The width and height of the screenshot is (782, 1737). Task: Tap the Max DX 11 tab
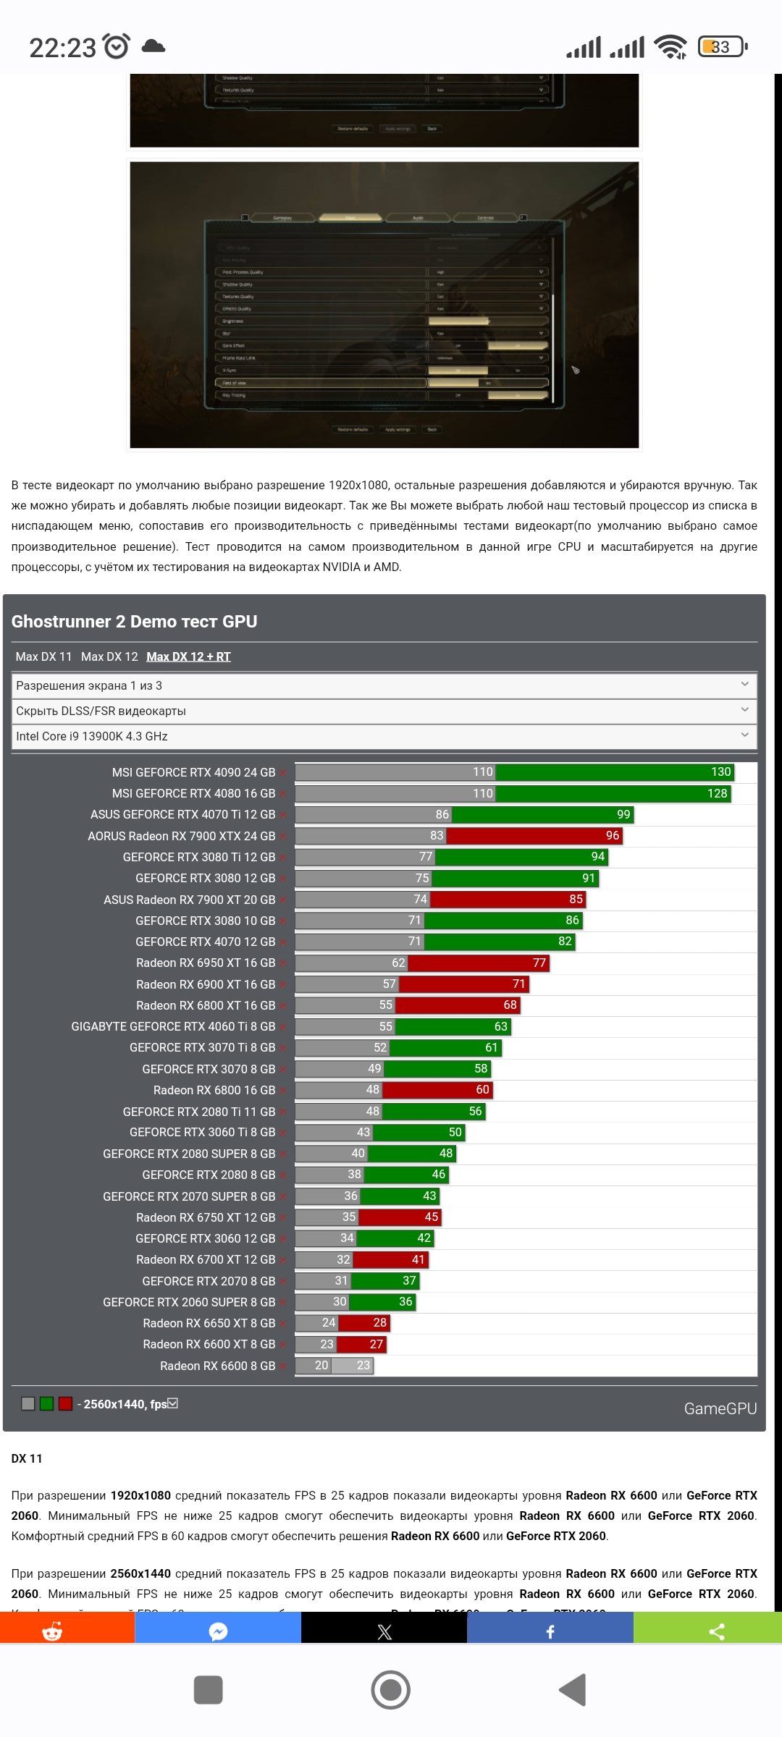[x=43, y=656]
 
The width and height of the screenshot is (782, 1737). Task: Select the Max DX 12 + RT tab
[x=188, y=656]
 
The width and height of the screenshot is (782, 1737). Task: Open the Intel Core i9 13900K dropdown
[x=384, y=736]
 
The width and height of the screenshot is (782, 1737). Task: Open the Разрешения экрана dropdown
[x=384, y=685]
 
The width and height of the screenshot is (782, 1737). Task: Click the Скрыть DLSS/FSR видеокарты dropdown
[x=384, y=711]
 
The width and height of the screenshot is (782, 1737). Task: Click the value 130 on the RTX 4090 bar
[x=720, y=772]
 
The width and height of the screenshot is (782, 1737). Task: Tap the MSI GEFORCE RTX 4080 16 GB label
[x=193, y=793]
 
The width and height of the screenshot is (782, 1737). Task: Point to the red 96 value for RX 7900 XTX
[x=613, y=836]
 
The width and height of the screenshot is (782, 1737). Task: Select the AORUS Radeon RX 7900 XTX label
[x=181, y=836]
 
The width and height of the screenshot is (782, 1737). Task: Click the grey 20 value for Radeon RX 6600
[x=321, y=1366]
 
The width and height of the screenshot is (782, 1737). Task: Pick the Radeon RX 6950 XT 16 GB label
[x=206, y=963]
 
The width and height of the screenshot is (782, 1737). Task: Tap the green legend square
[x=47, y=1404]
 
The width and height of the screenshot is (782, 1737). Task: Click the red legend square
[x=65, y=1404]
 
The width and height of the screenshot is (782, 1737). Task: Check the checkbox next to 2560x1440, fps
[x=173, y=1403]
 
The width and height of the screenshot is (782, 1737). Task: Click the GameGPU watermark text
[x=720, y=1408]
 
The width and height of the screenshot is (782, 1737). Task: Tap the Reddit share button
[x=52, y=1631]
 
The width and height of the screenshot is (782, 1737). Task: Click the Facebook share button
[x=550, y=1631]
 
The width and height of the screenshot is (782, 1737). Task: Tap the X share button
[x=384, y=1631]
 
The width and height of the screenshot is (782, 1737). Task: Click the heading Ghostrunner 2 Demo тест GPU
[x=134, y=622]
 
